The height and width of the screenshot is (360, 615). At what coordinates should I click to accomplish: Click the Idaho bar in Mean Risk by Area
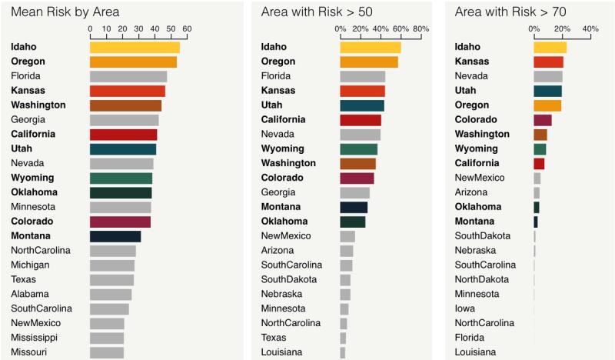(135, 47)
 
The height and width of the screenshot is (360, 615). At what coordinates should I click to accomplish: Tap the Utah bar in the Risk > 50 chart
(362, 105)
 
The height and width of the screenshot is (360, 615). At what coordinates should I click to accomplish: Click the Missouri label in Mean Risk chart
(30, 352)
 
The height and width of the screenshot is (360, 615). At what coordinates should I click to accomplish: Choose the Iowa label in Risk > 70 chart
(464, 308)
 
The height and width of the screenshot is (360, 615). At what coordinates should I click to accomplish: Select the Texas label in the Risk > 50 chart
(273, 338)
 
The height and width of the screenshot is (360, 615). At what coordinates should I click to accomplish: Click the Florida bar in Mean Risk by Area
(128, 76)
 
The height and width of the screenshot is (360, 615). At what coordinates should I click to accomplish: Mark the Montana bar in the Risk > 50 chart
(354, 207)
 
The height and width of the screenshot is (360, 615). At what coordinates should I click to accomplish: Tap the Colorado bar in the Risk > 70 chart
(543, 120)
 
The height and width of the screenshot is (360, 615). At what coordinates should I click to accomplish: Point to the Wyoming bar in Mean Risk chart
(121, 178)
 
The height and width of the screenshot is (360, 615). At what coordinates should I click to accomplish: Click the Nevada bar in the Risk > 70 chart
(548, 76)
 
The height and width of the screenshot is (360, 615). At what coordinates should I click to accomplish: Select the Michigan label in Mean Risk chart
(30, 265)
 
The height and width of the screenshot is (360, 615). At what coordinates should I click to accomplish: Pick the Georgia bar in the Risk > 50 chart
(354, 192)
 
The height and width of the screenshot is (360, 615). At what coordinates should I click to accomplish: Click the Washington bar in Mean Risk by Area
(125, 105)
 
